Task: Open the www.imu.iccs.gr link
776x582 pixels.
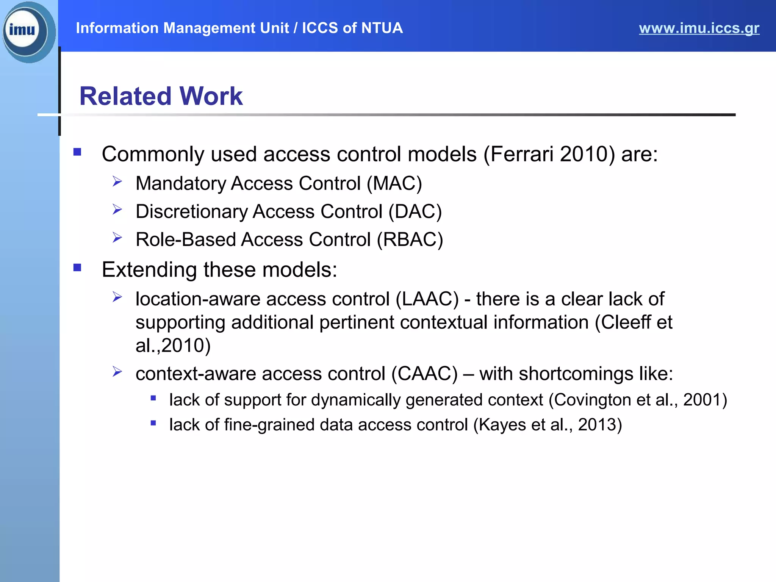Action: pos(699,28)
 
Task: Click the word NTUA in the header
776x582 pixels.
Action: pos(382,28)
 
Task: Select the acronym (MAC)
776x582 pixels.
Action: pos(394,183)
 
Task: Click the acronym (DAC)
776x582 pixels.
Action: pos(415,211)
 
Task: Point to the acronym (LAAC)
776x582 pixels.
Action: pos(427,299)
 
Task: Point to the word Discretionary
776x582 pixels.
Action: pos(191,211)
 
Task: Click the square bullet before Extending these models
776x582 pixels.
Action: pos(77,268)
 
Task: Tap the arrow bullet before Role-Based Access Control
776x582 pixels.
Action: pos(117,238)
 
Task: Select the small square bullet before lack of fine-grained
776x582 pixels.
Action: pos(153,423)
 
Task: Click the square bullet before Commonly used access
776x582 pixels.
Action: pos(77,152)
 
